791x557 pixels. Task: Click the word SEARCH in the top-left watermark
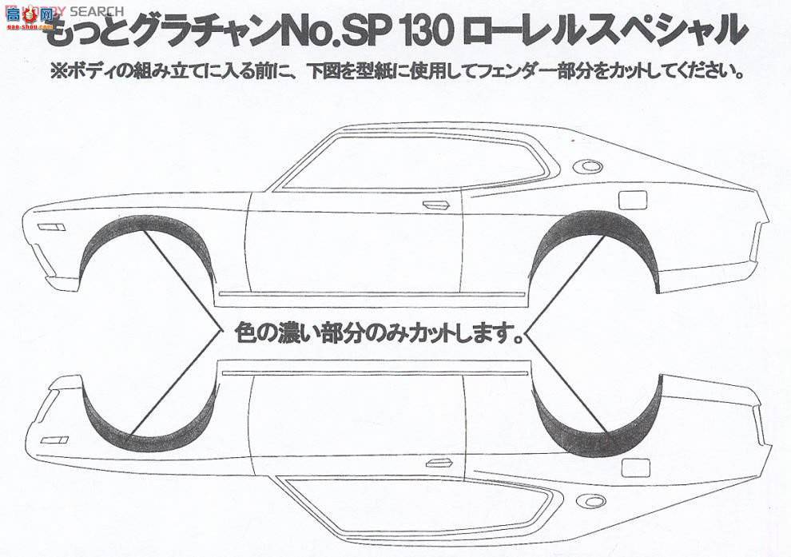[96, 11]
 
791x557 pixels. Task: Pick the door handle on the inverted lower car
[438, 464]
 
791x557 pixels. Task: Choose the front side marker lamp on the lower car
[54, 440]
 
